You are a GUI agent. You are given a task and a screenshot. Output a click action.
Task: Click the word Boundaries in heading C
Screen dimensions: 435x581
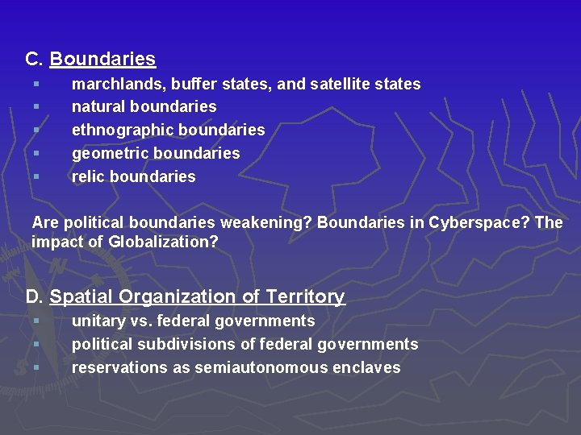click(x=102, y=59)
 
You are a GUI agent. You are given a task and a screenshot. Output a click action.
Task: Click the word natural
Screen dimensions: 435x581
click(x=98, y=106)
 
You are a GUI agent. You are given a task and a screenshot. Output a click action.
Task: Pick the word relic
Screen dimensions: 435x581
click(x=88, y=176)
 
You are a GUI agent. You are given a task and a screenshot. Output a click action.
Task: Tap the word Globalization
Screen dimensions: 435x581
click(x=163, y=242)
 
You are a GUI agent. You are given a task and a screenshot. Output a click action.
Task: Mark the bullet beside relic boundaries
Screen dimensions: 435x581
click(x=36, y=176)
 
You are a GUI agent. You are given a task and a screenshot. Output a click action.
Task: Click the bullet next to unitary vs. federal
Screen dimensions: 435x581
click(x=36, y=321)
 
